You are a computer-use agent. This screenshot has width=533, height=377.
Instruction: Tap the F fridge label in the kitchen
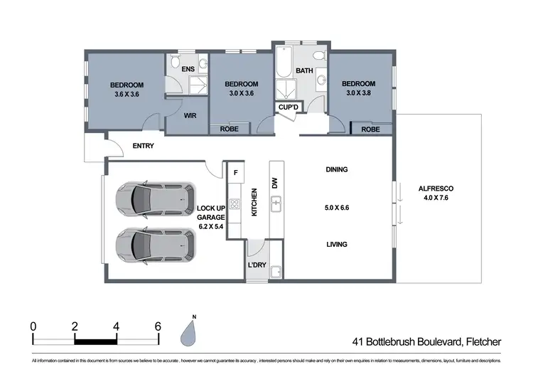[x=235, y=172]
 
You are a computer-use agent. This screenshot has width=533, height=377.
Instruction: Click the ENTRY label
[x=144, y=147]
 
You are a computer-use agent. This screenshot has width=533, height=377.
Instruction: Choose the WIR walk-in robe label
[x=190, y=115]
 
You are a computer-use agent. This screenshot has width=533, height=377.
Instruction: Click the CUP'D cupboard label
[x=289, y=107]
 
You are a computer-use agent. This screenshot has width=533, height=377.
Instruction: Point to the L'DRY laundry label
[x=257, y=266]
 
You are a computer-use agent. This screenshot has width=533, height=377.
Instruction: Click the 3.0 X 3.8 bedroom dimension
[x=357, y=91]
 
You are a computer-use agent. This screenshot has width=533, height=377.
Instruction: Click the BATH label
[x=305, y=70]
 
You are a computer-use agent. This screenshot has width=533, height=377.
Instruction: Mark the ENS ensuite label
[x=188, y=69]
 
